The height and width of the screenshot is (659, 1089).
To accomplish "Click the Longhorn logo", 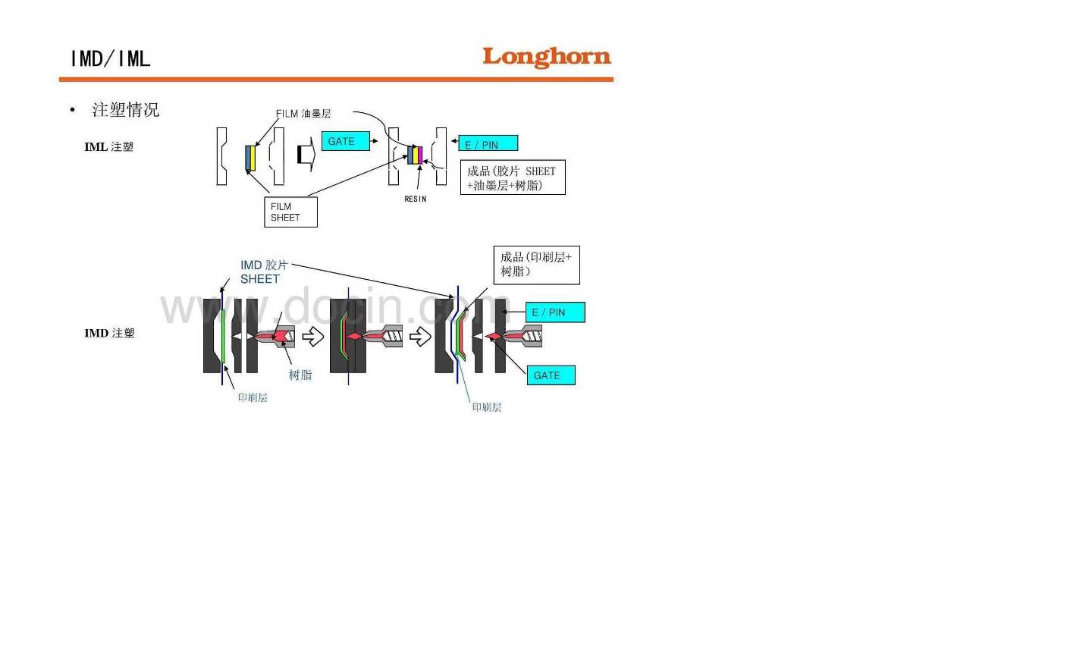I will pyautogui.click(x=546, y=57).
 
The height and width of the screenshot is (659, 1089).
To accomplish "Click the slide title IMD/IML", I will pyautogui.click(x=111, y=58).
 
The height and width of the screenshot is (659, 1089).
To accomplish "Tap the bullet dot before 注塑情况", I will pyautogui.click(x=73, y=111).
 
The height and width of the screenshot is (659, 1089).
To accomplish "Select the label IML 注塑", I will pyautogui.click(x=108, y=147).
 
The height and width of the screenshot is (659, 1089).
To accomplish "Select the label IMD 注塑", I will pyautogui.click(x=109, y=333).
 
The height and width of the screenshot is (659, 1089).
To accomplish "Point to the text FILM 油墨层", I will pyautogui.click(x=303, y=114).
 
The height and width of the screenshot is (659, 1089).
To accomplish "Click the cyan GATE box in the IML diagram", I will pyautogui.click(x=345, y=141).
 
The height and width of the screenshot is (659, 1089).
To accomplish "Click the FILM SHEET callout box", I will pyautogui.click(x=290, y=212).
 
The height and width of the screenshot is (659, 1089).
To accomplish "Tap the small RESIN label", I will pyautogui.click(x=415, y=199).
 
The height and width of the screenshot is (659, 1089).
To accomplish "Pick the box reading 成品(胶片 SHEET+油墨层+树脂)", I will pyautogui.click(x=513, y=178).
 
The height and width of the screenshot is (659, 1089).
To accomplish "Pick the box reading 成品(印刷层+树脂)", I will pyautogui.click(x=536, y=265).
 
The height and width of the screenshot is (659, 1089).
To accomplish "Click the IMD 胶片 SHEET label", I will pyautogui.click(x=263, y=272).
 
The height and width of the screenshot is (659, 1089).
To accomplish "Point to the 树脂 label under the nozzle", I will pyautogui.click(x=300, y=375).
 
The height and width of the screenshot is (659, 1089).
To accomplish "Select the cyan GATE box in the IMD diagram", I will pyautogui.click(x=551, y=375).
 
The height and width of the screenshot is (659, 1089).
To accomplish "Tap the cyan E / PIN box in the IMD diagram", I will pyautogui.click(x=554, y=312).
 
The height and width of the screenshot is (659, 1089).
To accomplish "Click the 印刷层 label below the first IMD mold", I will pyautogui.click(x=253, y=397).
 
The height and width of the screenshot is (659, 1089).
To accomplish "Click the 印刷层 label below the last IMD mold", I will pyautogui.click(x=487, y=407).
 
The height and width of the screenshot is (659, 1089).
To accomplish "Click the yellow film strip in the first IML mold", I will pyautogui.click(x=253, y=158).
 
